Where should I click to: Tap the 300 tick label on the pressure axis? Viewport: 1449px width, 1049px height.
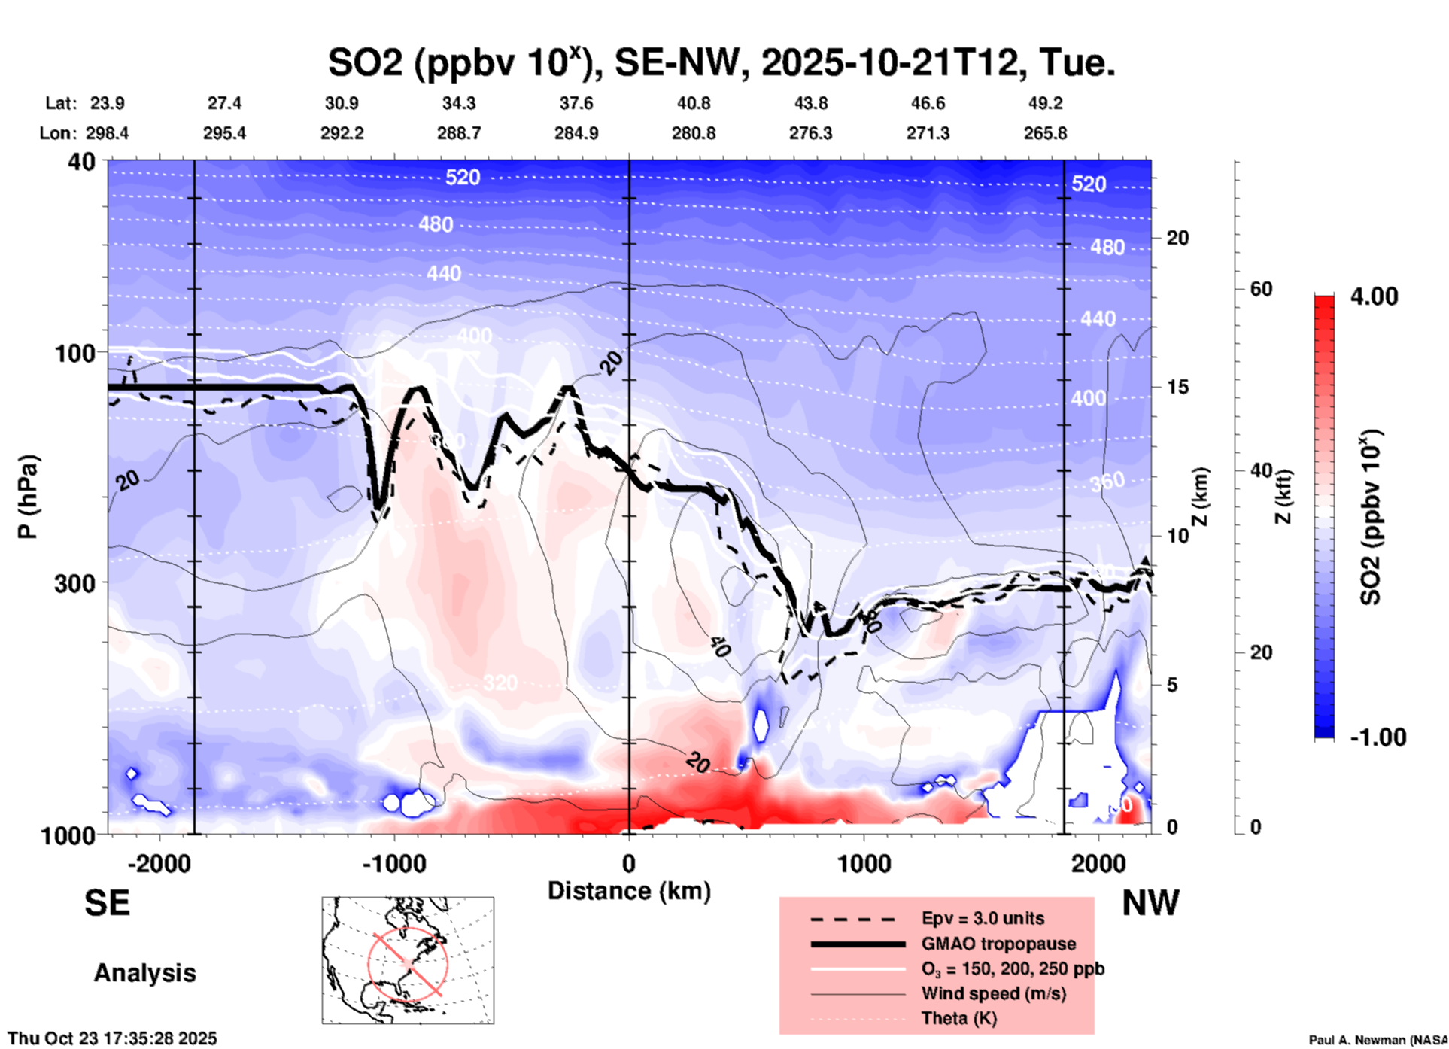pyautogui.click(x=74, y=583)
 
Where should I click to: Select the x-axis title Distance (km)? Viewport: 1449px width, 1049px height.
pyautogui.click(x=629, y=891)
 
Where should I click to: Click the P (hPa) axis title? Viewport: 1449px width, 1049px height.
pyautogui.click(x=27, y=497)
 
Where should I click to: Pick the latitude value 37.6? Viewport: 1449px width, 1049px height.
pyautogui.click(x=576, y=103)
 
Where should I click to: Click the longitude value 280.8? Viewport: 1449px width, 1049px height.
pyautogui.click(x=693, y=133)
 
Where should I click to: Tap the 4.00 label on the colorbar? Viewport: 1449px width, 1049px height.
pyautogui.click(x=1374, y=296)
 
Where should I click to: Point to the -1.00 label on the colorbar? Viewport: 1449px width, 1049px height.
pyautogui.click(x=1378, y=737)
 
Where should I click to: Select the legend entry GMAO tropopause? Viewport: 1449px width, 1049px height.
pyautogui.click(x=998, y=944)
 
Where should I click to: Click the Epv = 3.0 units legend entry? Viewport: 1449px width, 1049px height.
pyautogui.click(x=982, y=918)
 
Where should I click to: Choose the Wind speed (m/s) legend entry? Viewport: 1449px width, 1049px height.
pyautogui.click(x=993, y=993)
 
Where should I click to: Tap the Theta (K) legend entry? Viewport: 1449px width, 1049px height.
pyautogui.click(x=958, y=1018)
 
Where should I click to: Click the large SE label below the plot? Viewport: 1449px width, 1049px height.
pyautogui.click(x=107, y=903)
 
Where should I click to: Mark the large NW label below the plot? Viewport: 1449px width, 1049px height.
pyautogui.click(x=1150, y=903)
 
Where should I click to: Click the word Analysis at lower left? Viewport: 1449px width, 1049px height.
pyautogui.click(x=144, y=972)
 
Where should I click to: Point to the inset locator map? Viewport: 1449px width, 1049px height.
pyautogui.click(x=408, y=960)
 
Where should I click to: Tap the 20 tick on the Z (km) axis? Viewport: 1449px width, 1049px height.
pyautogui.click(x=1177, y=238)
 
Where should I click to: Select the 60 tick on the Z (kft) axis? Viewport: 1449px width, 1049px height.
pyautogui.click(x=1261, y=289)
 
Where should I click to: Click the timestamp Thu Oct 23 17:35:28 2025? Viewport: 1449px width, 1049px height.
pyautogui.click(x=112, y=1038)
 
